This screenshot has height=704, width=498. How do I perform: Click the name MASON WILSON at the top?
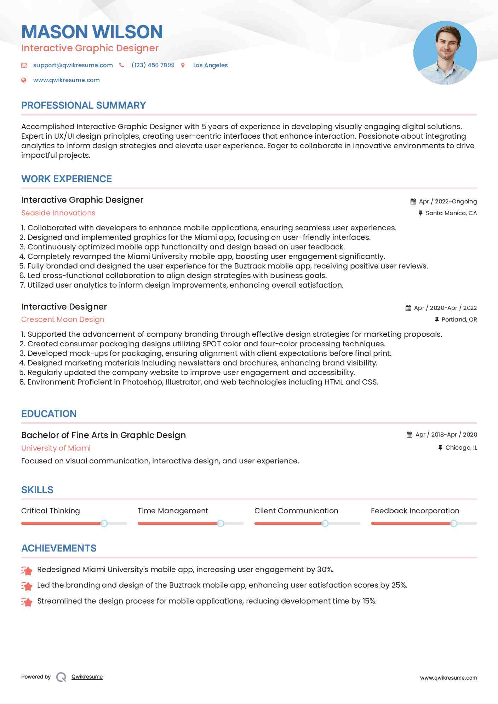coord(92,32)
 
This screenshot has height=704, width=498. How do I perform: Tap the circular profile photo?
coord(445,53)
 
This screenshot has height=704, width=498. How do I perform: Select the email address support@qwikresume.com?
coord(73,65)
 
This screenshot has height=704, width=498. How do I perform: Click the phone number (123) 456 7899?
coord(153,65)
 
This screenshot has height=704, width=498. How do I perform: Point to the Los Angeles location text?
coord(210,65)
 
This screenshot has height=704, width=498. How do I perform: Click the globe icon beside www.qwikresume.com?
coord(24,80)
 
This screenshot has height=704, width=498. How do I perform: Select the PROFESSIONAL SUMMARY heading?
coord(84,105)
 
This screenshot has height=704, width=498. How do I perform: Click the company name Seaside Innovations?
coord(58,213)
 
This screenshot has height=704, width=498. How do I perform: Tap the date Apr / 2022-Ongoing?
coord(448,201)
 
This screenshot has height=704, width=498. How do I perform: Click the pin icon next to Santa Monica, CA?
coord(420,213)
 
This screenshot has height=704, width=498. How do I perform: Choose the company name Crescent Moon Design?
coord(63,319)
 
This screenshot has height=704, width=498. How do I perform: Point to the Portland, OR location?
coord(459,319)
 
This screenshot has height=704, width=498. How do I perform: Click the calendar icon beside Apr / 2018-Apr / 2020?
coord(410,434)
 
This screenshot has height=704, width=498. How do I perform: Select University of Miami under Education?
coord(56,448)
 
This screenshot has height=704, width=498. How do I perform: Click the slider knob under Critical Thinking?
coord(104,523)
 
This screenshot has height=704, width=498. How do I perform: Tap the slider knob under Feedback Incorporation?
coord(453,523)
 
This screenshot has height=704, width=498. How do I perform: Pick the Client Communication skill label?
coord(296,511)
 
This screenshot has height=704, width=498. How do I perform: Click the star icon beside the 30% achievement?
coord(27,570)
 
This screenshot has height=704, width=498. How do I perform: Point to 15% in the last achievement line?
coord(369,601)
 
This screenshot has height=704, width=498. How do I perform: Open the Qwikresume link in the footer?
coord(87,677)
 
